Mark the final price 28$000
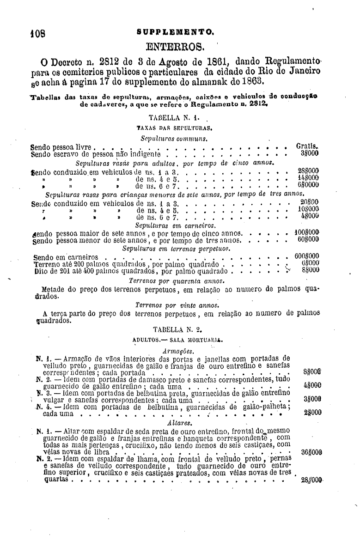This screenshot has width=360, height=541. pos(311,480)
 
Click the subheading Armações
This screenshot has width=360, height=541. pos(176,351)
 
